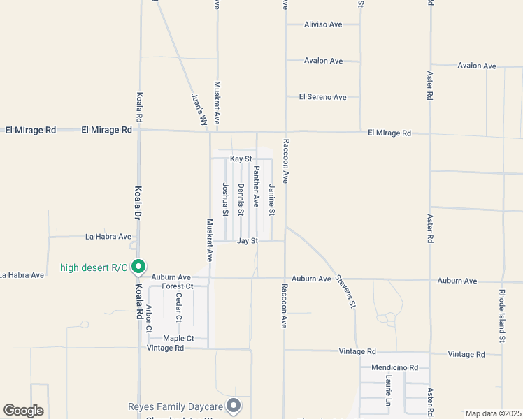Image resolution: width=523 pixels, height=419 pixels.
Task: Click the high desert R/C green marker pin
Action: pos(139,266)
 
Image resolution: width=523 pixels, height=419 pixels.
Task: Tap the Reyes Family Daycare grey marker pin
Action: pos(234,406)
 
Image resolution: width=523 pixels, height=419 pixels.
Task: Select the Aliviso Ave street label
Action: pos(323,24)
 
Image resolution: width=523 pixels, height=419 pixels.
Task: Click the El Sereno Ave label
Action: pos(323,97)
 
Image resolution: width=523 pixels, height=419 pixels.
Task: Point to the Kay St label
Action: pos(241,159)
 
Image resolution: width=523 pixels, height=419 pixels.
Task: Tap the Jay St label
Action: pos(248,241)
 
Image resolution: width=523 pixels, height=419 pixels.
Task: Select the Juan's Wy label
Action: pos(200,110)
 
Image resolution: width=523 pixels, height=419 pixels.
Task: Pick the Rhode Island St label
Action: pos(503,316)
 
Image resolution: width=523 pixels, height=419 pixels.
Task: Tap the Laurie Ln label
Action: pos(388,392)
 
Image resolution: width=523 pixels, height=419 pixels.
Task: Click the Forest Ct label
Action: pos(177,286)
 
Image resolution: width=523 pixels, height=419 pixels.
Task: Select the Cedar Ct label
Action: pos(179,307)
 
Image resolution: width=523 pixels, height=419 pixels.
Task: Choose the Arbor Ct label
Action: pos(149,318)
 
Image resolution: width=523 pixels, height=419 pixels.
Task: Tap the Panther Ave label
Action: pos(257,186)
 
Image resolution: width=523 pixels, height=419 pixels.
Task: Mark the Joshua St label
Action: pos(225,199)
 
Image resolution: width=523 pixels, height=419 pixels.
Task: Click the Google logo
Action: pos(23,411)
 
